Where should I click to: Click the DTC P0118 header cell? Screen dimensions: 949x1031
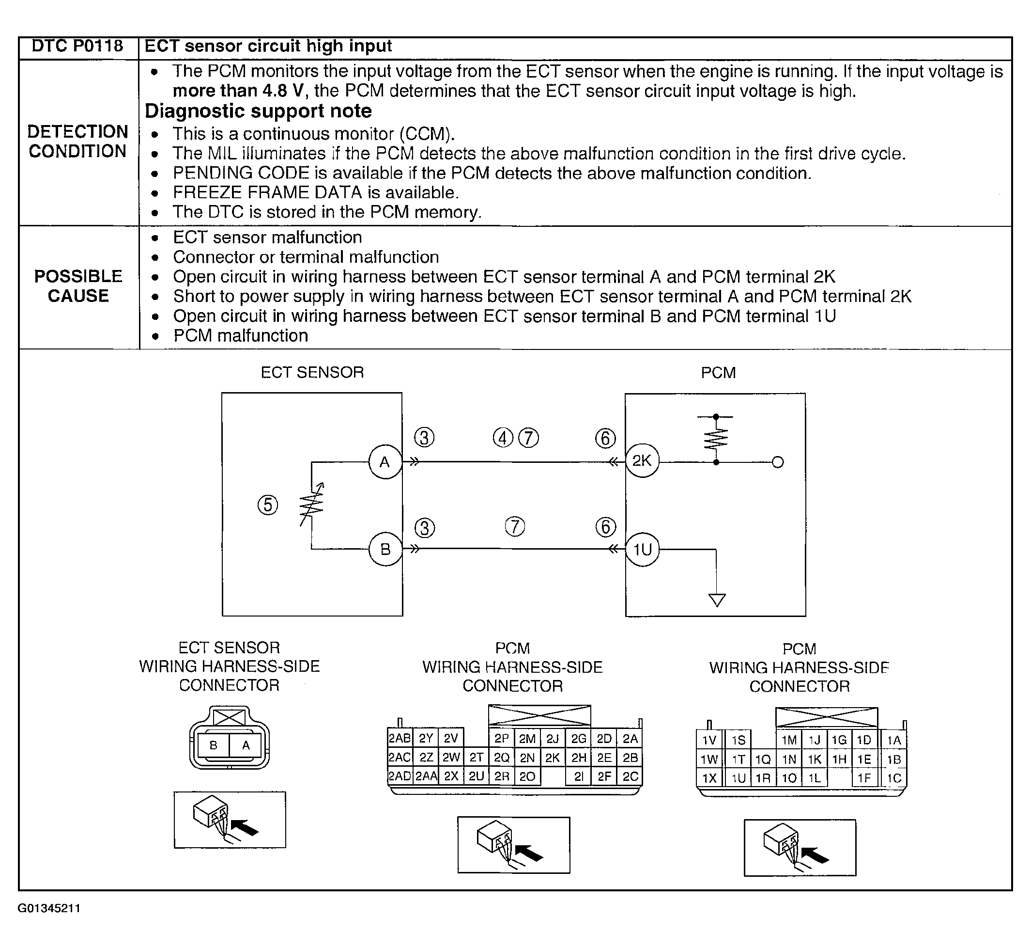pyautogui.click(x=77, y=46)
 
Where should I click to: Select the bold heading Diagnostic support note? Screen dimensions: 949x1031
pyautogui.click(x=258, y=111)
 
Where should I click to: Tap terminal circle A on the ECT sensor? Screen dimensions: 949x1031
pyautogui.click(x=385, y=462)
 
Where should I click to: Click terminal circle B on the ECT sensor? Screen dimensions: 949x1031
pyautogui.click(x=385, y=550)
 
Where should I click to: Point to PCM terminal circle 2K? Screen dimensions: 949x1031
pyautogui.click(x=642, y=460)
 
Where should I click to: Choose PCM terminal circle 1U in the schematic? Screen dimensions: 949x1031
pyautogui.click(x=642, y=550)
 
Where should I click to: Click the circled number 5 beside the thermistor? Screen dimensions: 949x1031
pyautogui.click(x=268, y=505)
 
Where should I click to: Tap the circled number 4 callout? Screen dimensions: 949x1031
pyautogui.click(x=502, y=438)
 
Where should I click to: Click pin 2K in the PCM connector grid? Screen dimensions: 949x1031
pyautogui.click(x=552, y=758)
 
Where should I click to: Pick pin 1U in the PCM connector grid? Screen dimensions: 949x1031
pyautogui.click(x=738, y=778)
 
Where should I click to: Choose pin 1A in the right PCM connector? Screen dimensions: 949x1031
pyautogui.click(x=894, y=740)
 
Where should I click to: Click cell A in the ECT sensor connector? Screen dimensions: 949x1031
pyautogui.click(x=246, y=745)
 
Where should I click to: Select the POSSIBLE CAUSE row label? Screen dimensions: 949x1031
pyautogui.click(x=78, y=286)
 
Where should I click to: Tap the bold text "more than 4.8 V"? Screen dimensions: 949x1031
pyautogui.click(x=238, y=92)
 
